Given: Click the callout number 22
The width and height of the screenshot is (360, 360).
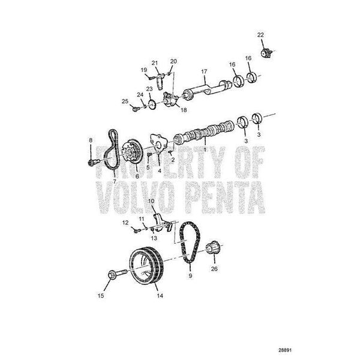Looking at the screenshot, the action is tap(260, 35).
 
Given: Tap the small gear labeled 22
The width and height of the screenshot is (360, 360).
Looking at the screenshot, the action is tap(266, 53).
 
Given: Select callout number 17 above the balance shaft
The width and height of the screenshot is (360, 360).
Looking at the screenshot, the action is tap(204, 71).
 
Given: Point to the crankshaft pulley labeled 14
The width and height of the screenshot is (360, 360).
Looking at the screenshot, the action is tap(146, 266).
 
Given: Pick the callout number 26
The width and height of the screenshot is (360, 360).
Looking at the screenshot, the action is tap(214, 269).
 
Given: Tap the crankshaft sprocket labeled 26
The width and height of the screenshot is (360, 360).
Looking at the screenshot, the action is tap(213, 248).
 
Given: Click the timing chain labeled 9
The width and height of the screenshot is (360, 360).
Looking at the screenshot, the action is tap(190, 242).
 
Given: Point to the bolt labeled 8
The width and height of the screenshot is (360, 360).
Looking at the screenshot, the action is tap(94, 162).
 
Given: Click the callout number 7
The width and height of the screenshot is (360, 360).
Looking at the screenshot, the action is tap(115, 181).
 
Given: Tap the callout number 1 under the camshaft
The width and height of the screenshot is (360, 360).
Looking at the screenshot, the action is tap(204, 149).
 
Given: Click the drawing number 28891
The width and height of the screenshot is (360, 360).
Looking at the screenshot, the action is tap(285, 350).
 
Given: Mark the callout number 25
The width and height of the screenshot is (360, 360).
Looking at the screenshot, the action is tap(125, 101).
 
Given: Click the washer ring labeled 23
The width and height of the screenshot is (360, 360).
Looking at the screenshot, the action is tap(152, 105).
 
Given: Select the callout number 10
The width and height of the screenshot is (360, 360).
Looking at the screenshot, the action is tap(151, 201).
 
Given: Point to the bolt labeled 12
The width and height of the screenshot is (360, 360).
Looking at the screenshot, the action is tap(136, 230).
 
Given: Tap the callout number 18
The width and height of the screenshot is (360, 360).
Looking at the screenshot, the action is tap(184, 110).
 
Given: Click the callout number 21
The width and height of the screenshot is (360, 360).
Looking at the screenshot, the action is tap(155, 63).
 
